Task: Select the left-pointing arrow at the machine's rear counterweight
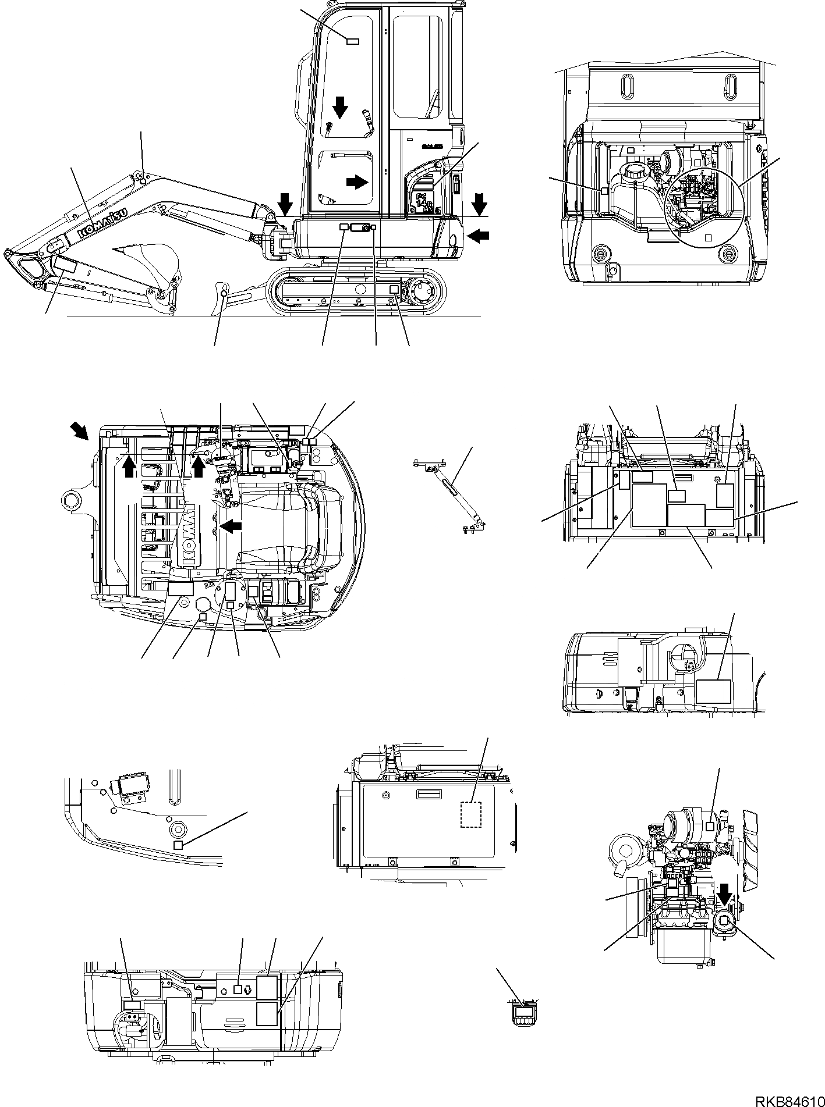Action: click(479, 236)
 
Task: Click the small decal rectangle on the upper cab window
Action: click(353, 41)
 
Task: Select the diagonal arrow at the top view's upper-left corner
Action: click(80, 431)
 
